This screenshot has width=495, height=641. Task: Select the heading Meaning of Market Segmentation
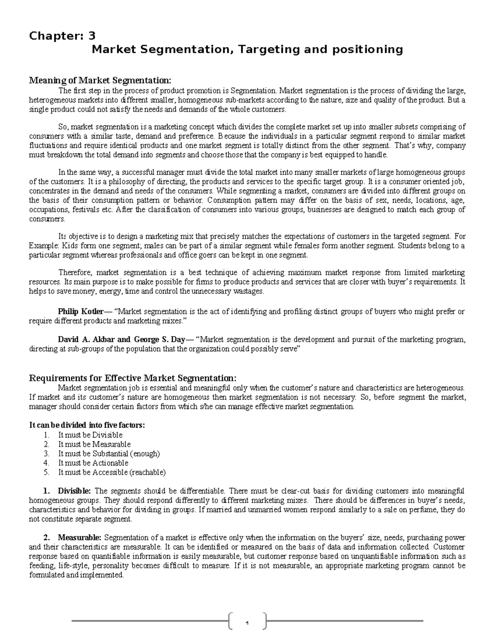[x=99, y=80]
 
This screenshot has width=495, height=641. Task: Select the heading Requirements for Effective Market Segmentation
[x=132, y=378]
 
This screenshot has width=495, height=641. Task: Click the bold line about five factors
[x=87, y=425]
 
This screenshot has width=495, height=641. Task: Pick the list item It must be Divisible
[x=90, y=435]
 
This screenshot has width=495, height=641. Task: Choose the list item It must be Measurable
[x=94, y=444]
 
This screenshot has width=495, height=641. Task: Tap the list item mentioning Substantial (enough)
[x=109, y=454]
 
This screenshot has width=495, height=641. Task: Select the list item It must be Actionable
[x=93, y=463]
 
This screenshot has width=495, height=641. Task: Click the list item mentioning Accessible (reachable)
[x=112, y=472]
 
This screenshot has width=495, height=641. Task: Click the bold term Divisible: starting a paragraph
[x=74, y=491]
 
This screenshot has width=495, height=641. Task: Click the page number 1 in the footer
[x=247, y=622]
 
